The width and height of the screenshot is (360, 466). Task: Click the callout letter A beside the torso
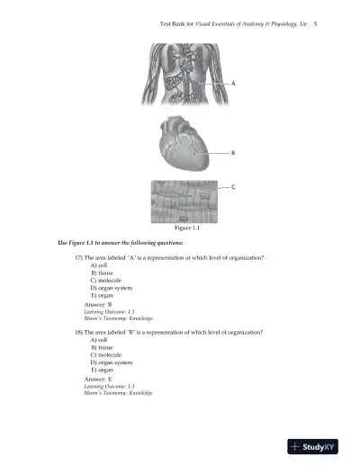(x=234, y=83)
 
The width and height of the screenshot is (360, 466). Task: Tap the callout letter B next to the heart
(x=234, y=153)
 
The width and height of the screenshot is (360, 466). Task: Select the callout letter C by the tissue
(x=234, y=187)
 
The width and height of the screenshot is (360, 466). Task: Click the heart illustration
(x=185, y=143)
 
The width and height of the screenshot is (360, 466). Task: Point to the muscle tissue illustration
(x=185, y=202)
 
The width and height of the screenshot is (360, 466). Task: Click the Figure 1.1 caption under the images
(x=185, y=229)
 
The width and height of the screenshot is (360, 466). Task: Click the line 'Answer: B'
(x=97, y=304)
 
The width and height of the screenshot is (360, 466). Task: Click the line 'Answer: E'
(x=97, y=379)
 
